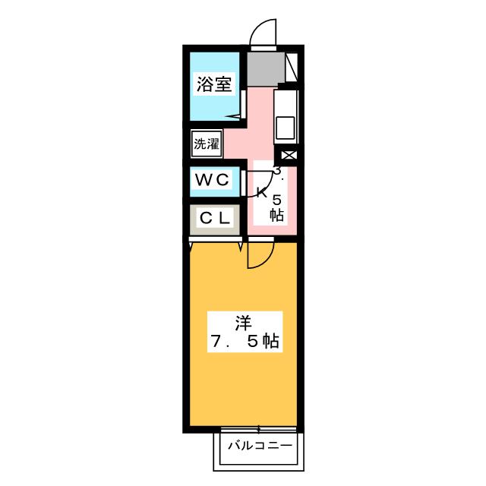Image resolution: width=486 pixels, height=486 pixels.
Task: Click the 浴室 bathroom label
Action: [213, 84]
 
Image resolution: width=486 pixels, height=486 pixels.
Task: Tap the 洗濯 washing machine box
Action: [206, 143]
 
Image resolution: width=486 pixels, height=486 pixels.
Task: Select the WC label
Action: [212, 181]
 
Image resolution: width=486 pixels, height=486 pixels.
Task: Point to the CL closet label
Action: [214, 218]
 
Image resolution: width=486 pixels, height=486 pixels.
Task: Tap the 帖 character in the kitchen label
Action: [276, 215]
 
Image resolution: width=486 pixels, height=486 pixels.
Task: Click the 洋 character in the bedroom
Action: [242, 322]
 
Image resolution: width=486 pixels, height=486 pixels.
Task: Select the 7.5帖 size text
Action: [244, 342]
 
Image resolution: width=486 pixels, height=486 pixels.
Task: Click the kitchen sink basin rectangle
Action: [285, 127]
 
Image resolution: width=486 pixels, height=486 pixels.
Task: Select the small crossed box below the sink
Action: [289, 155]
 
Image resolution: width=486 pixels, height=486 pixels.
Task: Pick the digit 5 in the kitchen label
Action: [276, 199]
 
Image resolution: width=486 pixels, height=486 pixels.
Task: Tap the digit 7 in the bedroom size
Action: [216, 342]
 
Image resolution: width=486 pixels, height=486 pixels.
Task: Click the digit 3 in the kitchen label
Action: [278, 172]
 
